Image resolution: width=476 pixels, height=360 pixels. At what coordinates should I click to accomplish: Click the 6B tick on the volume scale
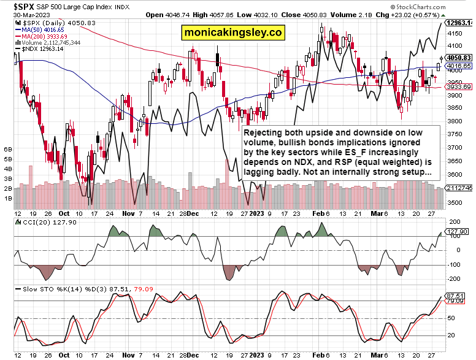(9, 149)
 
